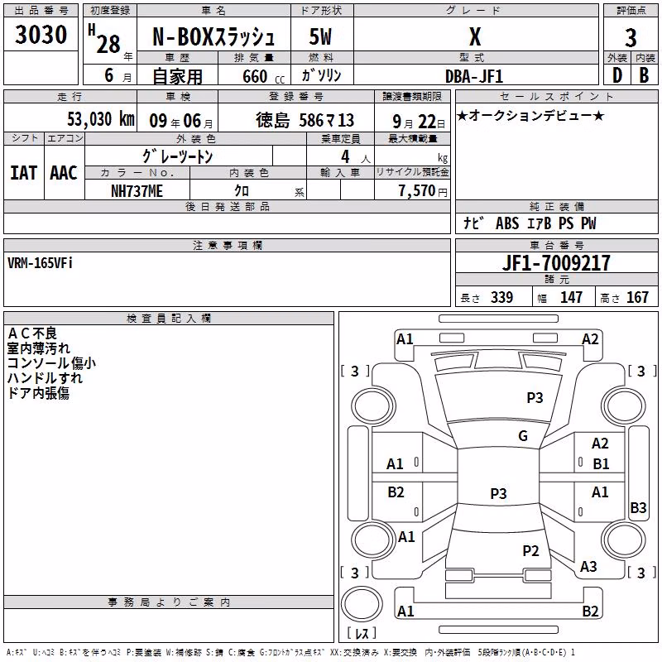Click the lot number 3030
(x=41, y=35)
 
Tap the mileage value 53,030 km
(x=101, y=119)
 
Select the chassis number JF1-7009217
(x=556, y=263)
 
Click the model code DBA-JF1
(x=474, y=76)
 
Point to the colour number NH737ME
(x=137, y=191)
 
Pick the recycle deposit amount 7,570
(x=417, y=191)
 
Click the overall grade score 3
(x=631, y=38)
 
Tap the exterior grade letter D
(x=617, y=75)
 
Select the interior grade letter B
(x=644, y=75)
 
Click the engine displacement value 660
(x=255, y=76)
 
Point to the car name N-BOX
(x=183, y=37)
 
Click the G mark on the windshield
(x=523, y=436)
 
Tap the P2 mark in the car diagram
(x=530, y=550)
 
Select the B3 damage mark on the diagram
(x=638, y=507)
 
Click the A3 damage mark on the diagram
(x=588, y=566)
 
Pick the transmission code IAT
(x=24, y=173)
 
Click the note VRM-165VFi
(x=40, y=263)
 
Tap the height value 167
(x=637, y=297)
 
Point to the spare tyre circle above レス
(x=362, y=603)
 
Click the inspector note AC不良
(x=32, y=333)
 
